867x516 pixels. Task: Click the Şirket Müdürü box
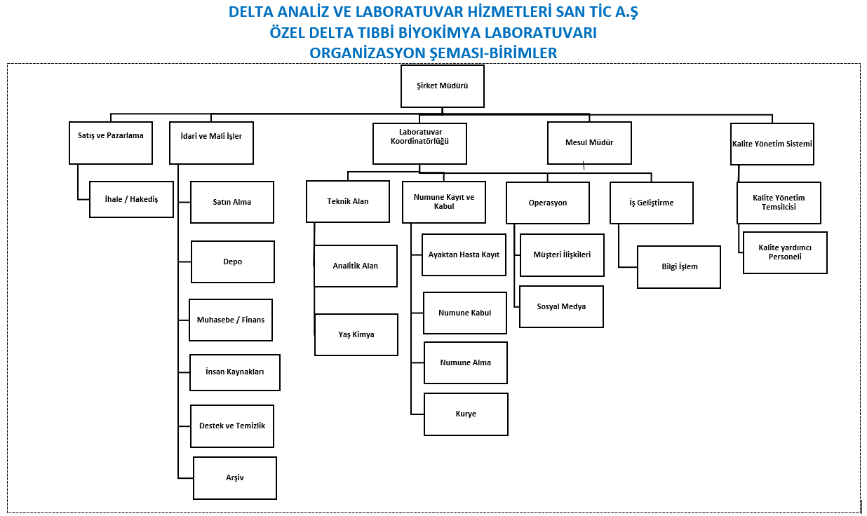(x=443, y=86)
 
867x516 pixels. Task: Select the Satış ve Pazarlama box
(x=111, y=143)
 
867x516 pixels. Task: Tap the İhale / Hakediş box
(x=131, y=199)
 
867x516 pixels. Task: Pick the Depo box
(x=233, y=262)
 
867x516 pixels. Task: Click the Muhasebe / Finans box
(x=231, y=320)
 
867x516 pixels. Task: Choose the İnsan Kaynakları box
(x=235, y=372)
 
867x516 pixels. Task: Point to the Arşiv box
(x=235, y=478)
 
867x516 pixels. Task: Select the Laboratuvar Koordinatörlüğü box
(x=419, y=144)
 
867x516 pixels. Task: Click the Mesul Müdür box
(x=589, y=143)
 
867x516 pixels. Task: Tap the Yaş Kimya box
(x=356, y=334)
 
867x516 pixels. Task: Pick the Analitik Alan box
(x=356, y=266)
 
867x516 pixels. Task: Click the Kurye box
(x=466, y=414)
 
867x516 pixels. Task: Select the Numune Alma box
(x=466, y=363)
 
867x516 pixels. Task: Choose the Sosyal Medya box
(x=561, y=307)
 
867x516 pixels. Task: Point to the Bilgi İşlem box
(x=679, y=267)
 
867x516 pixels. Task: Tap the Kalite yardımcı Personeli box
(x=785, y=252)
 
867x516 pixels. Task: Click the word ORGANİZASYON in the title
(x=368, y=53)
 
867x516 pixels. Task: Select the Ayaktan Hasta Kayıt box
(x=464, y=255)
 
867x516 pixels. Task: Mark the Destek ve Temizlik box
(x=232, y=426)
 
